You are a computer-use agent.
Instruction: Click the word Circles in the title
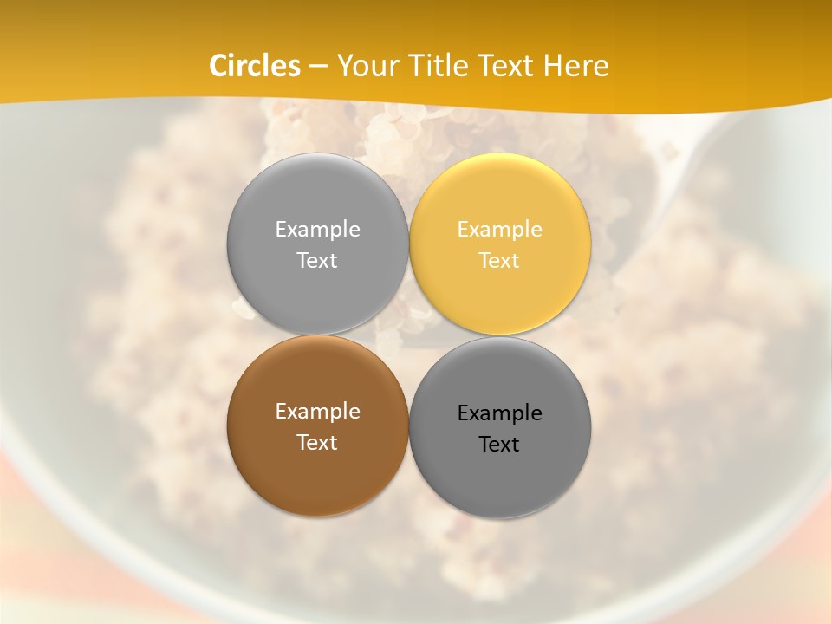(255, 66)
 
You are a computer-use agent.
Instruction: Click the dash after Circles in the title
(318, 67)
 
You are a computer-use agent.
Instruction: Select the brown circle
(317, 472)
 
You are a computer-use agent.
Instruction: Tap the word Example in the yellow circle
(500, 230)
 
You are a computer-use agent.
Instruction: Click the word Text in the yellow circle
(500, 260)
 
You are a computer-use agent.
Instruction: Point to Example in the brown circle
(317, 412)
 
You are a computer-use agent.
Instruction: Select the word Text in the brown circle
(317, 442)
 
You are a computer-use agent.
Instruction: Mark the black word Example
(500, 413)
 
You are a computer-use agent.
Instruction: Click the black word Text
(500, 445)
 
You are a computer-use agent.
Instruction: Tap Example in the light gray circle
(317, 230)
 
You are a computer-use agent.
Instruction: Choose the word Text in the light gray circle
(317, 260)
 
